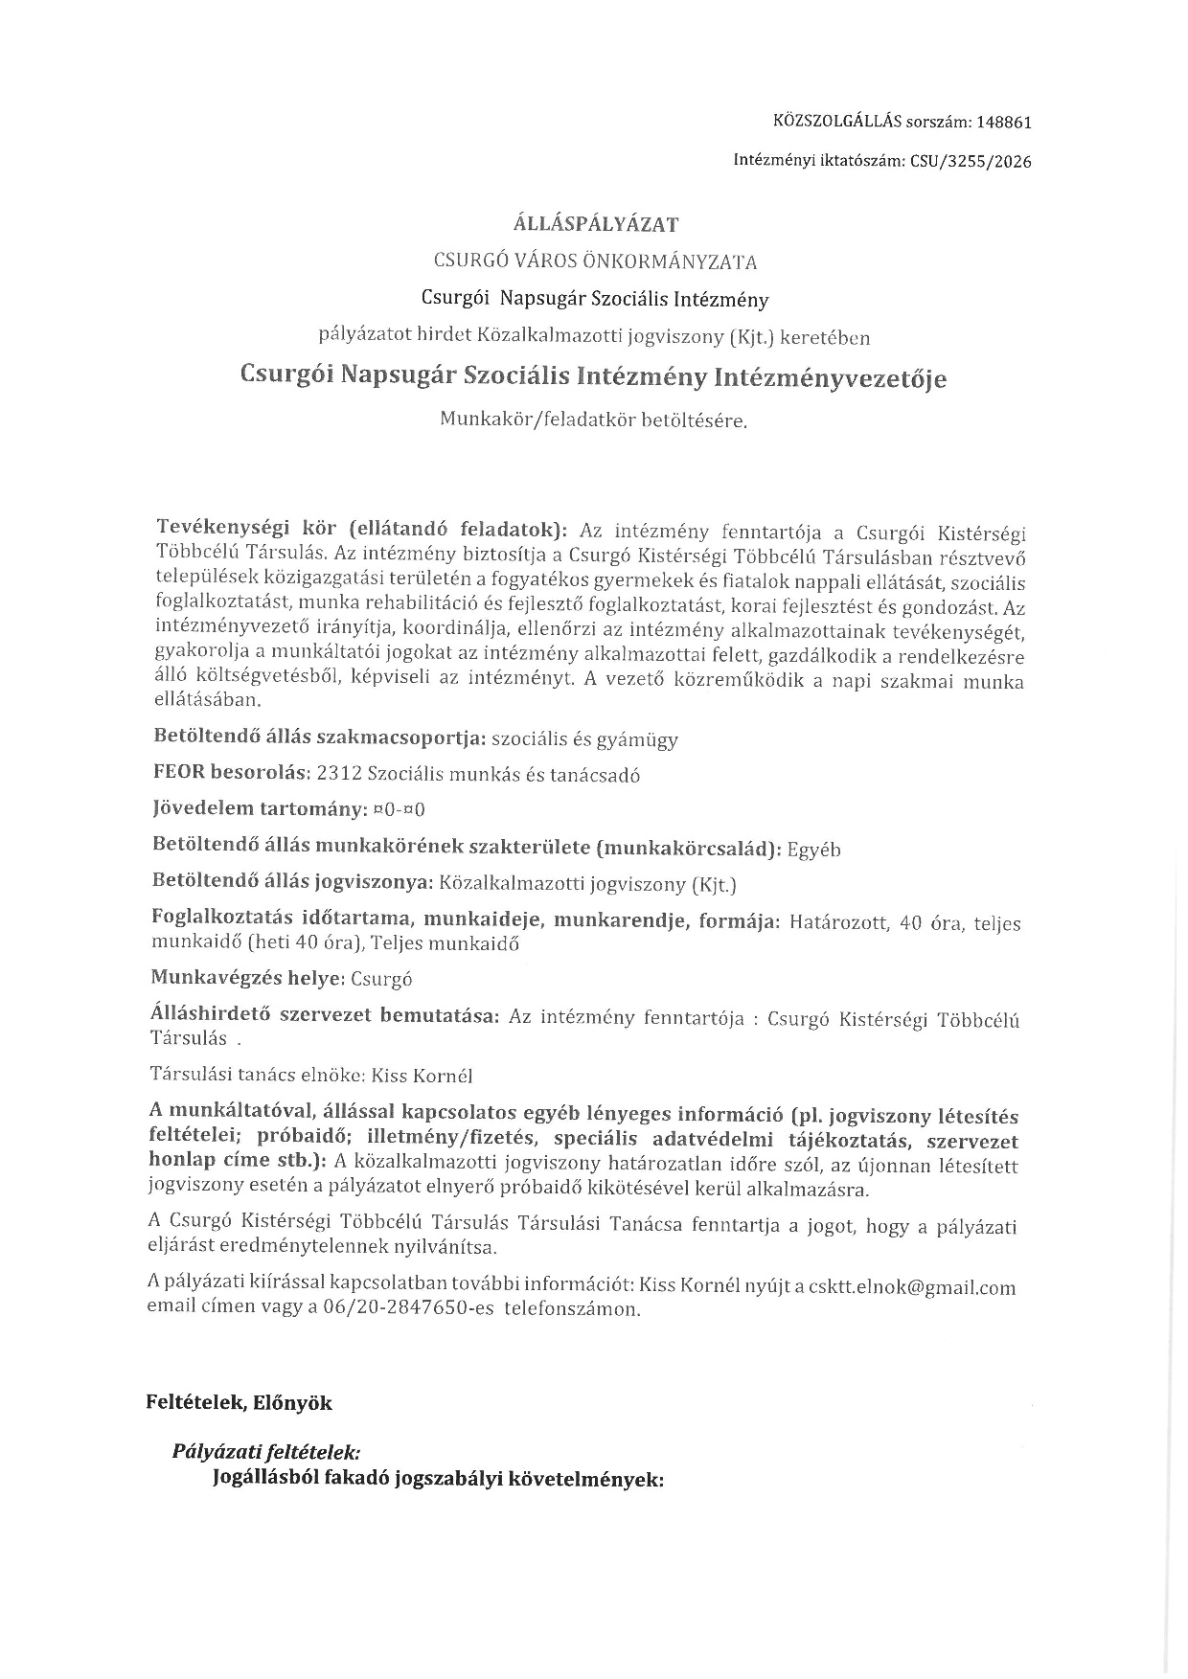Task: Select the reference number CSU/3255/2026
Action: tap(971, 162)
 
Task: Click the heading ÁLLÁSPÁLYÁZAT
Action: tap(596, 225)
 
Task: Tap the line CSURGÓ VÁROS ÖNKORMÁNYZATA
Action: tap(596, 261)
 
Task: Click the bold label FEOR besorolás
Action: tap(230, 774)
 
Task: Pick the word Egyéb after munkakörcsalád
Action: tap(814, 850)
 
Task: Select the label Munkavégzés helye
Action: tap(247, 979)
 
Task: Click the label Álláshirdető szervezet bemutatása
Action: tap(326, 1016)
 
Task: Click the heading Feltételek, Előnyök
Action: tap(239, 1403)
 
